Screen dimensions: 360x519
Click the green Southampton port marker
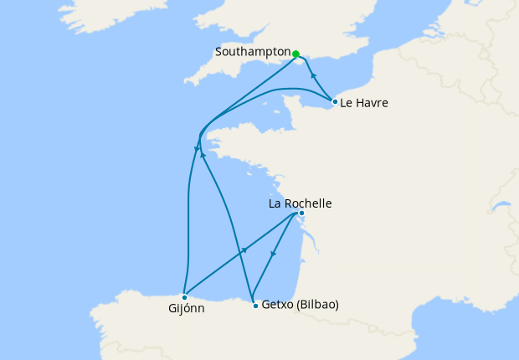(x=295, y=54)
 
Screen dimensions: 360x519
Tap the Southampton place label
(x=252, y=52)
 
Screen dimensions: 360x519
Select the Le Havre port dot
(x=335, y=102)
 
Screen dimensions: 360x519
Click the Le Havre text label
(x=365, y=103)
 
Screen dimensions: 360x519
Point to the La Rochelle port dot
(x=301, y=213)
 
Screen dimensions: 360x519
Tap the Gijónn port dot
(x=184, y=296)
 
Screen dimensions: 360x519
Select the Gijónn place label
(x=184, y=308)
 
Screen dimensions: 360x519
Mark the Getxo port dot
(x=254, y=306)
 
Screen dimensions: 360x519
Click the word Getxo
(x=278, y=305)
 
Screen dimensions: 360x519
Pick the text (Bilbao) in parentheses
(x=318, y=305)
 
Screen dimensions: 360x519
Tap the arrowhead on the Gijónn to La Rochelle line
(x=244, y=251)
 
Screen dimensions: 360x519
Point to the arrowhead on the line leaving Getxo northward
(x=203, y=156)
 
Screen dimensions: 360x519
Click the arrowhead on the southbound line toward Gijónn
(x=196, y=151)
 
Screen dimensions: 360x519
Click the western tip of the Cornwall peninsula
(x=185, y=84)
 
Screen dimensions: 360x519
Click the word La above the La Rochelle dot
(x=275, y=203)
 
